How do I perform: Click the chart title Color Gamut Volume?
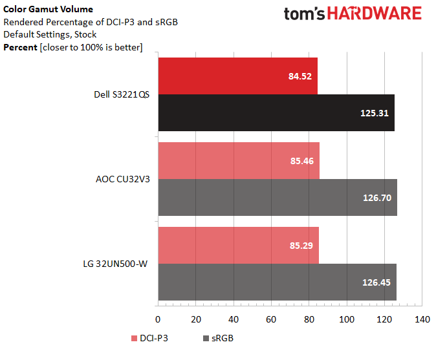pyautogui.click(x=48, y=9)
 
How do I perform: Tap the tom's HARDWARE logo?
pyautogui.click(x=353, y=14)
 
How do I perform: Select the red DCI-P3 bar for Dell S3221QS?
pyautogui.click(x=238, y=76)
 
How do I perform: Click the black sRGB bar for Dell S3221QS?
pyautogui.click(x=276, y=112)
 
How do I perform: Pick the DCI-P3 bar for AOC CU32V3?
pyautogui.click(x=239, y=160)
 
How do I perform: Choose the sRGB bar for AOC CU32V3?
pyautogui.click(x=278, y=197)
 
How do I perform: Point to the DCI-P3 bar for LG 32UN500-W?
pyautogui.click(x=239, y=245)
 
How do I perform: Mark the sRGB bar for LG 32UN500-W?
pyautogui.click(x=278, y=282)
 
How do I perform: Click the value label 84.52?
pyautogui.click(x=300, y=76)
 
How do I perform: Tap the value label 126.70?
pyautogui.click(x=377, y=198)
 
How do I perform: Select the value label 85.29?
pyautogui.click(x=301, y=246)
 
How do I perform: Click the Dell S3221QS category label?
pyautogui.click(x=122, y=94)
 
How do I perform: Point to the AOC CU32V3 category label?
pyautogui.click(x=123, y=179)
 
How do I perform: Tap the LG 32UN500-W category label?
pyautogui.click(x=115, y=264)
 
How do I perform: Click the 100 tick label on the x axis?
pyautogui.click(x=347, y=319)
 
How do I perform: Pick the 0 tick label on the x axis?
pyautogui.click(x=158, y=319)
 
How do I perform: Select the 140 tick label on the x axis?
pyautogui.click(x=422, y=319)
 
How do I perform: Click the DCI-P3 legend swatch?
pyautogui.click(x=134, y=338)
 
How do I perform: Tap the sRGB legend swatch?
pyautogui.click(x=206, y=338)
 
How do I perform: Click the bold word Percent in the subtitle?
pyautogui.click(x=20, y=47)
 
